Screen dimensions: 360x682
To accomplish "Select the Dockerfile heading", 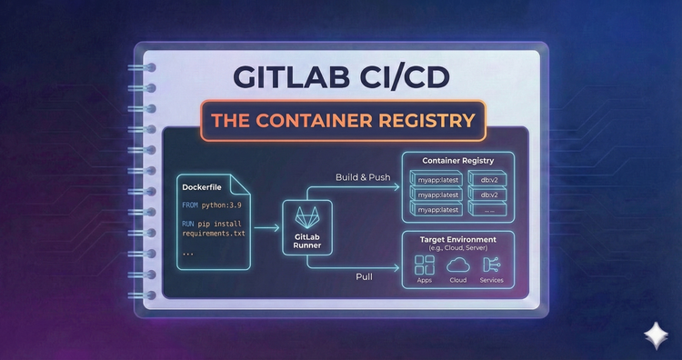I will click(203, 186).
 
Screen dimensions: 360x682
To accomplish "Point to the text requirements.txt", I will click(214, 234).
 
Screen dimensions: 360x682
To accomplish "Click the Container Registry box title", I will click(458, 161).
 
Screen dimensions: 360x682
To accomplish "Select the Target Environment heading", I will click(458, 239).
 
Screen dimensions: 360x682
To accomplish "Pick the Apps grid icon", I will click(424, 265).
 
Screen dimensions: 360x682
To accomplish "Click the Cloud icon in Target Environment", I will click(457, 265).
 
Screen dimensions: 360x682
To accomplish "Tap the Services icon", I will click(492, 265).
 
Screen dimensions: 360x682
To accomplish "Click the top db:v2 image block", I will click(488, 180).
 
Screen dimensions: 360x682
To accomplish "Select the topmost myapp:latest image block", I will click(436, 180).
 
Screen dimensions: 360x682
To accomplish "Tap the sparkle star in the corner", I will click(653, 334).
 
